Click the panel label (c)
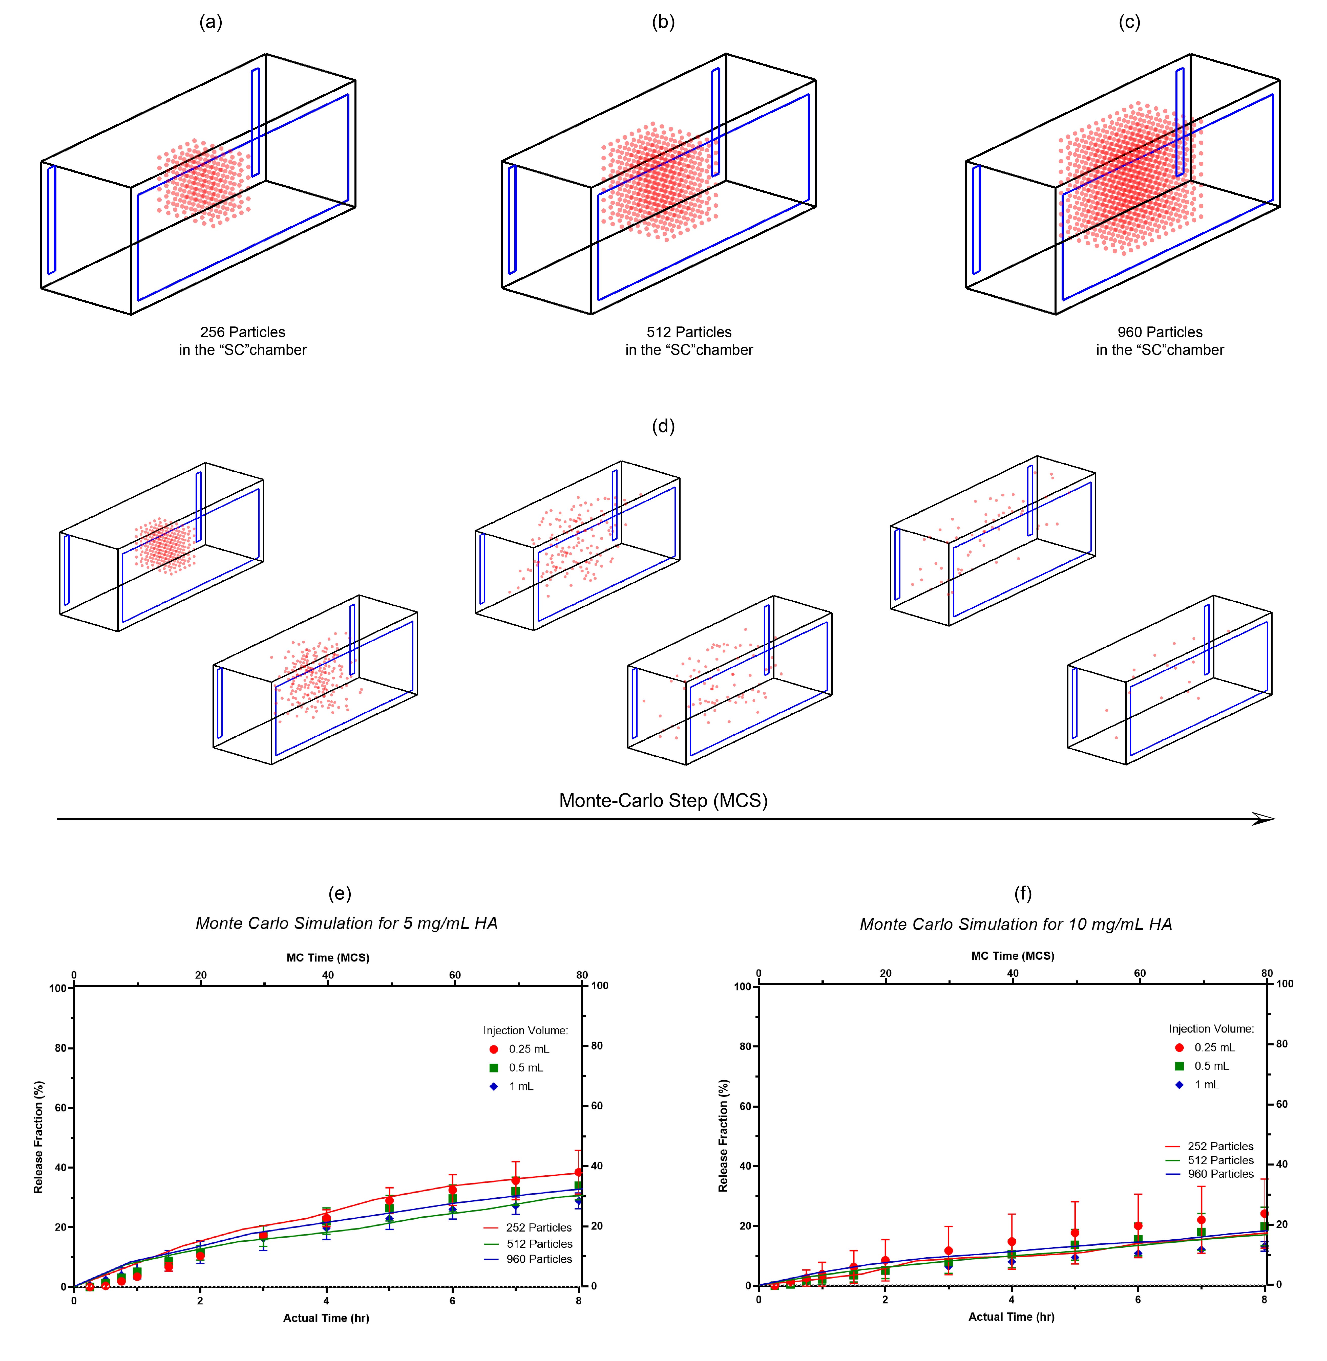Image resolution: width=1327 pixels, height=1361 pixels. pyautogui.click(x=1129, y=22)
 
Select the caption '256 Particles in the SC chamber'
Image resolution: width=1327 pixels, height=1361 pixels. pyautogui.click(x=243, y=341)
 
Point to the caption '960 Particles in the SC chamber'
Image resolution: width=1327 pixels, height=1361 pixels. pyautogui.click(x=1160, y=341)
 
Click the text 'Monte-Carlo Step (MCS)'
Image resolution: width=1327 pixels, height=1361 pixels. pyautogui.click(x=663, y=800)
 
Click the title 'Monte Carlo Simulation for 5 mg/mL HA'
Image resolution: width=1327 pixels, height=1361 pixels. pyautogui.click(x=346, y=923)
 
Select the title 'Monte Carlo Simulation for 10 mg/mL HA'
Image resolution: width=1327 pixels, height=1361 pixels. pyautogui.click(x=1016, y=924)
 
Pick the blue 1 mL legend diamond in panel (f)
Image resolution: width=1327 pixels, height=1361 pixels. pyautogui.click(x=1179, y=1085)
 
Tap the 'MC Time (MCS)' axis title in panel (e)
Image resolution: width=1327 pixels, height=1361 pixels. pyautogui.click(x=328, y=958)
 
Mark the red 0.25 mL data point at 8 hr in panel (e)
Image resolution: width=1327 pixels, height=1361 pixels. pyautogui.click(x=578, y=1172)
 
